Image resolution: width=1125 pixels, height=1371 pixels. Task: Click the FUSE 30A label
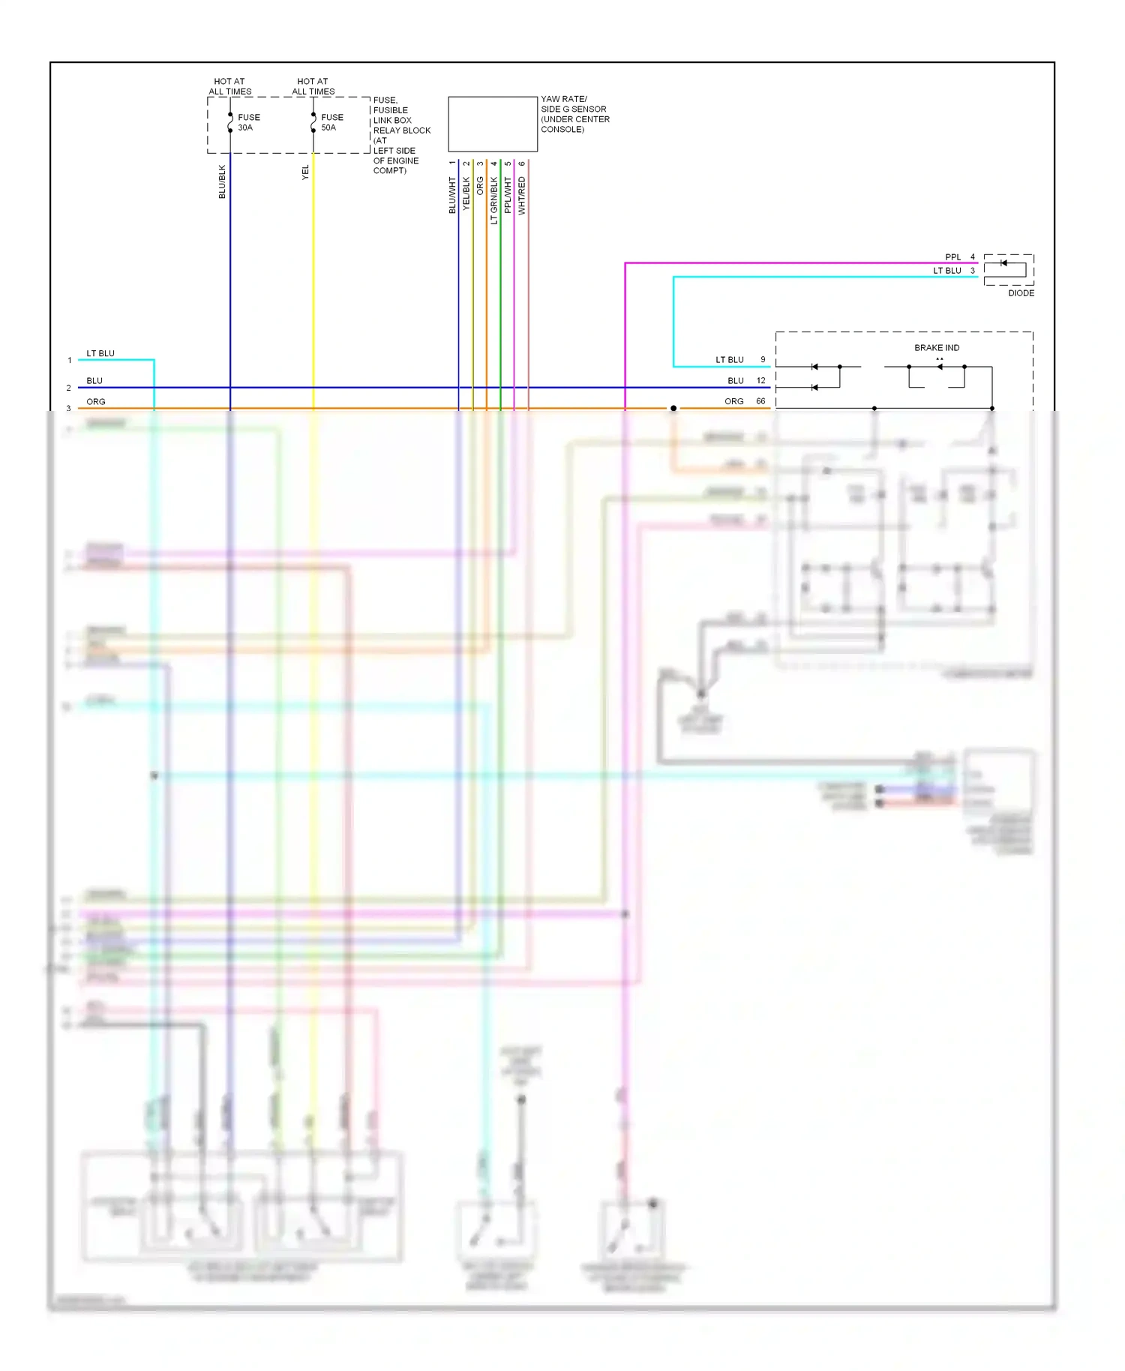(x=248, y=122)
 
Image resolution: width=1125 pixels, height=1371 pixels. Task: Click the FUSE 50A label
(x=331, y=122)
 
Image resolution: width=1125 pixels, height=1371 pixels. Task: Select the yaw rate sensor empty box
(x=493, y=124)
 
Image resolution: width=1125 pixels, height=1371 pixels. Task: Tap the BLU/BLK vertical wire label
(x=222, y=181)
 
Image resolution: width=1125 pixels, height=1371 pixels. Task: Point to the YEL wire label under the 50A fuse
(x=305, y=172)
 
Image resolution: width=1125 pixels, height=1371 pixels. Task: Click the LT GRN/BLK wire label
(x=493, y=200)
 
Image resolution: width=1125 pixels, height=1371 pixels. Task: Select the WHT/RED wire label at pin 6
(x=522, y=196)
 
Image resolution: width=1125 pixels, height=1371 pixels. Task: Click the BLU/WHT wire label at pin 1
(x=452, y=195)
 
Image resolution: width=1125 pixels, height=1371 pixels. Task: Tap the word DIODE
(x=1021, y=293)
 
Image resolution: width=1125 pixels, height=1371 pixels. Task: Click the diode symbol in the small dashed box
(x=1004, y=263)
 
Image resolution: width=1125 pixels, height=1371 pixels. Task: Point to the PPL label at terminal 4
(x=952, y=257)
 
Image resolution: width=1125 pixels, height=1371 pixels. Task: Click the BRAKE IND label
(x=937, y=348)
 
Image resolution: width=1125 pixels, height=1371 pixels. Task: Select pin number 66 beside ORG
(x=760, y=401)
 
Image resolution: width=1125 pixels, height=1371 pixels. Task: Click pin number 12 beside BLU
(x=760, y=381)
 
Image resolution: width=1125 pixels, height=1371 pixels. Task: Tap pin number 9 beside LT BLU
(x=763, y=360)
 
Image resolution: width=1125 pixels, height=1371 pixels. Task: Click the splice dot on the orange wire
(x=673, y=409)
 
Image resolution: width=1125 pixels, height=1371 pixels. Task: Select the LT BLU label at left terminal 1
(x=100, y=353)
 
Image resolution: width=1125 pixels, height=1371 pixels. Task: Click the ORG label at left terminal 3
(x=96, y=402)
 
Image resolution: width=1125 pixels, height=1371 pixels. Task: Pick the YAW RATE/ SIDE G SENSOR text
(x=574, y=114)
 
